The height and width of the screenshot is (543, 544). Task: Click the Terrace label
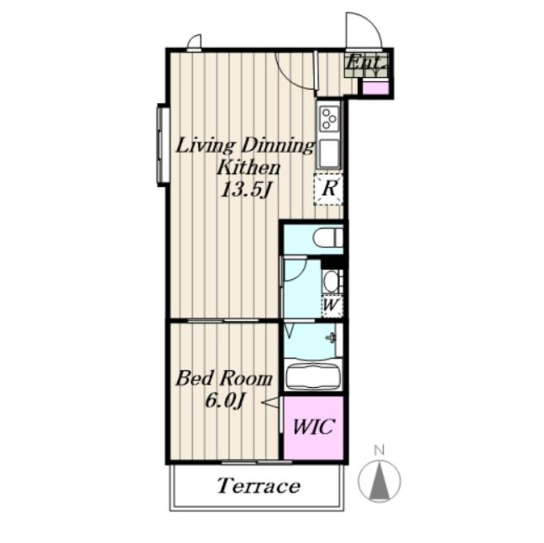(259, 485)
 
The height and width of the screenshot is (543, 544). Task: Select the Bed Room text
(224, 378)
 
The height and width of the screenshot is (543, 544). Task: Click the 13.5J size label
(246, 190)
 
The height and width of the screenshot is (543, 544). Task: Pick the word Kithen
(248, 168)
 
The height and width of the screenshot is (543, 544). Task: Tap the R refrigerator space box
(329, 190)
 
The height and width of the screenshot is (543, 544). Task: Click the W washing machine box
(332, 306)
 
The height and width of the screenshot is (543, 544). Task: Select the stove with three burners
(329, 118)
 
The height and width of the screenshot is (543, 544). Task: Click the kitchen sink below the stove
(329, 154)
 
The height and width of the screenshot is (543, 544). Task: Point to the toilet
(328, 238)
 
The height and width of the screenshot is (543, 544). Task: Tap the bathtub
(314, 377)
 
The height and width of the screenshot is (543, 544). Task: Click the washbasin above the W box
(332, 281)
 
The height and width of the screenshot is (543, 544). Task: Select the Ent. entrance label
(367, 63)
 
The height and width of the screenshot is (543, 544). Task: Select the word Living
(207, 146)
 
